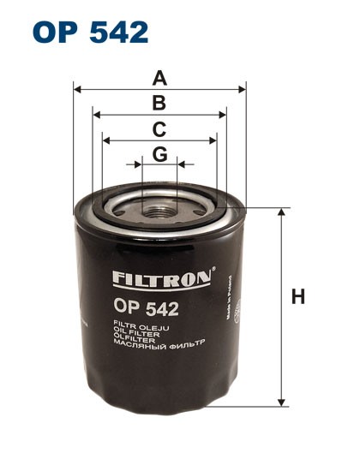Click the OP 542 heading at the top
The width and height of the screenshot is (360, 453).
(91, 32)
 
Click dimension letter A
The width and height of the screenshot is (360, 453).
(159, 79)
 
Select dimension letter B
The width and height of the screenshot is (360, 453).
(159, 104)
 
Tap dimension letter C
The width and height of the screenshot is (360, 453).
(159, 129)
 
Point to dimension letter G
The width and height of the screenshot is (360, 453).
(159, 154)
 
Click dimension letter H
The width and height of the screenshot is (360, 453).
(298, 297)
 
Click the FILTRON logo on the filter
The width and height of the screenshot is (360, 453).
(160, 279)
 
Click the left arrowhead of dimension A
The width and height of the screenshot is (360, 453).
(77, 88)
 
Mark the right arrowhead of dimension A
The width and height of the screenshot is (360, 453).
(243, 88)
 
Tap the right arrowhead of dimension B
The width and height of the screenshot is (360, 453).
(224, 113)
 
